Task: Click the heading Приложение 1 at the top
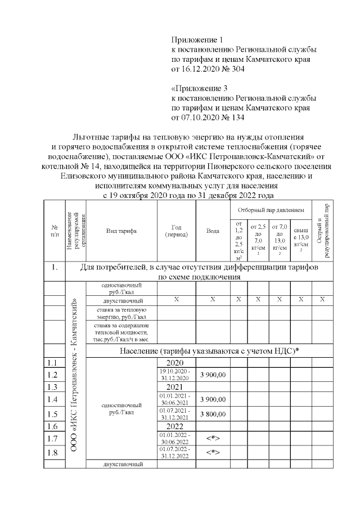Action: click(197, 40)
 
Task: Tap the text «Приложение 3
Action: click(199, 88)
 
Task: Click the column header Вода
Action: click(213, 231)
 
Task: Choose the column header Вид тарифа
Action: click(121, 231)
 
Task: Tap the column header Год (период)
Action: click(176, 231)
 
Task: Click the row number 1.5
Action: click(53, 414)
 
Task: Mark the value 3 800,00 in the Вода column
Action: click(213, 414)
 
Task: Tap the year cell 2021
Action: click(176, 387)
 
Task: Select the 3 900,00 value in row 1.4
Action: click(213, 399)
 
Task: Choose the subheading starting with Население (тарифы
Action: click(209, 350)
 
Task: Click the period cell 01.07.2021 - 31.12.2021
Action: click(176, 414)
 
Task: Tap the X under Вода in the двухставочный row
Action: click(213, 300)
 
